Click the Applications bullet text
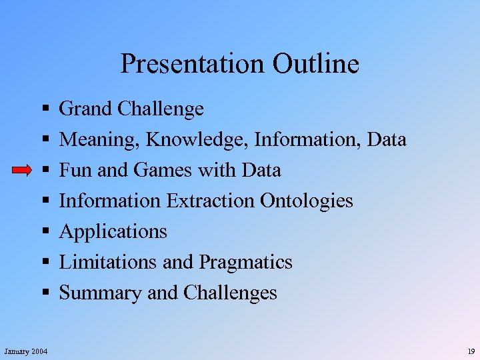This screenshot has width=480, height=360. [x=113, y=232]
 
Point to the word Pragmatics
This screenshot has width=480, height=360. [x=245, y=262]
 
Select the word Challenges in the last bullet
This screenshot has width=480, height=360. [x=230, y=293]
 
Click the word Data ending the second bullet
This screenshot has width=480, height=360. [x=386, y=140]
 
